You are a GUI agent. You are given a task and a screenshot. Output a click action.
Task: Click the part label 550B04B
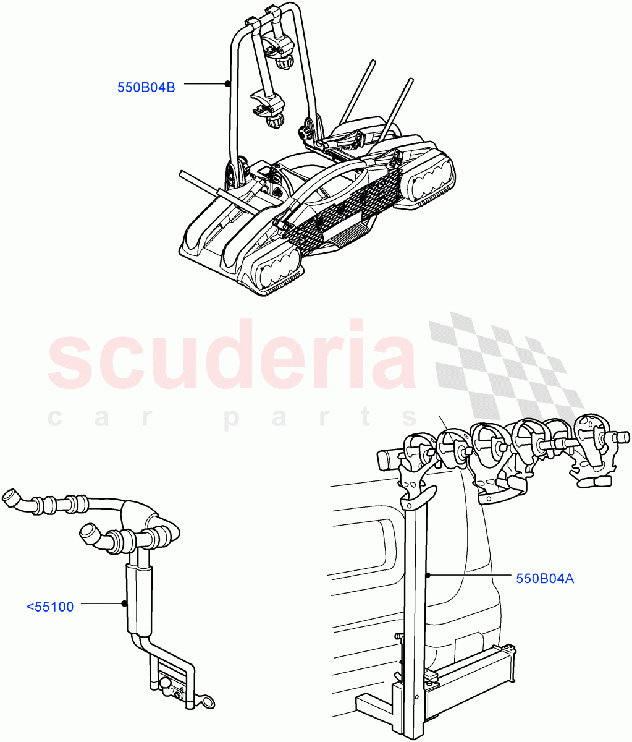(x=146, y=88)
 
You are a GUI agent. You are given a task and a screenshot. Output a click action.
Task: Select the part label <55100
(x=50, y=607)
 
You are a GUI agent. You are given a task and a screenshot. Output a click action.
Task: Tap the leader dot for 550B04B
(x=227, y=84)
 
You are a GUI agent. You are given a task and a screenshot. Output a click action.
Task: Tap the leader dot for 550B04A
(x=428, y=575)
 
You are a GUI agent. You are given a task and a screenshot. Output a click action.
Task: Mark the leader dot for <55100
(x=124, y=603)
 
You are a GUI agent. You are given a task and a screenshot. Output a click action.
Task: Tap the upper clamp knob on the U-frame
(x=285, y=62)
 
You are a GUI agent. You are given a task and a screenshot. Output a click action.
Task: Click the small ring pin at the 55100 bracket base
(x=208, y=701)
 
